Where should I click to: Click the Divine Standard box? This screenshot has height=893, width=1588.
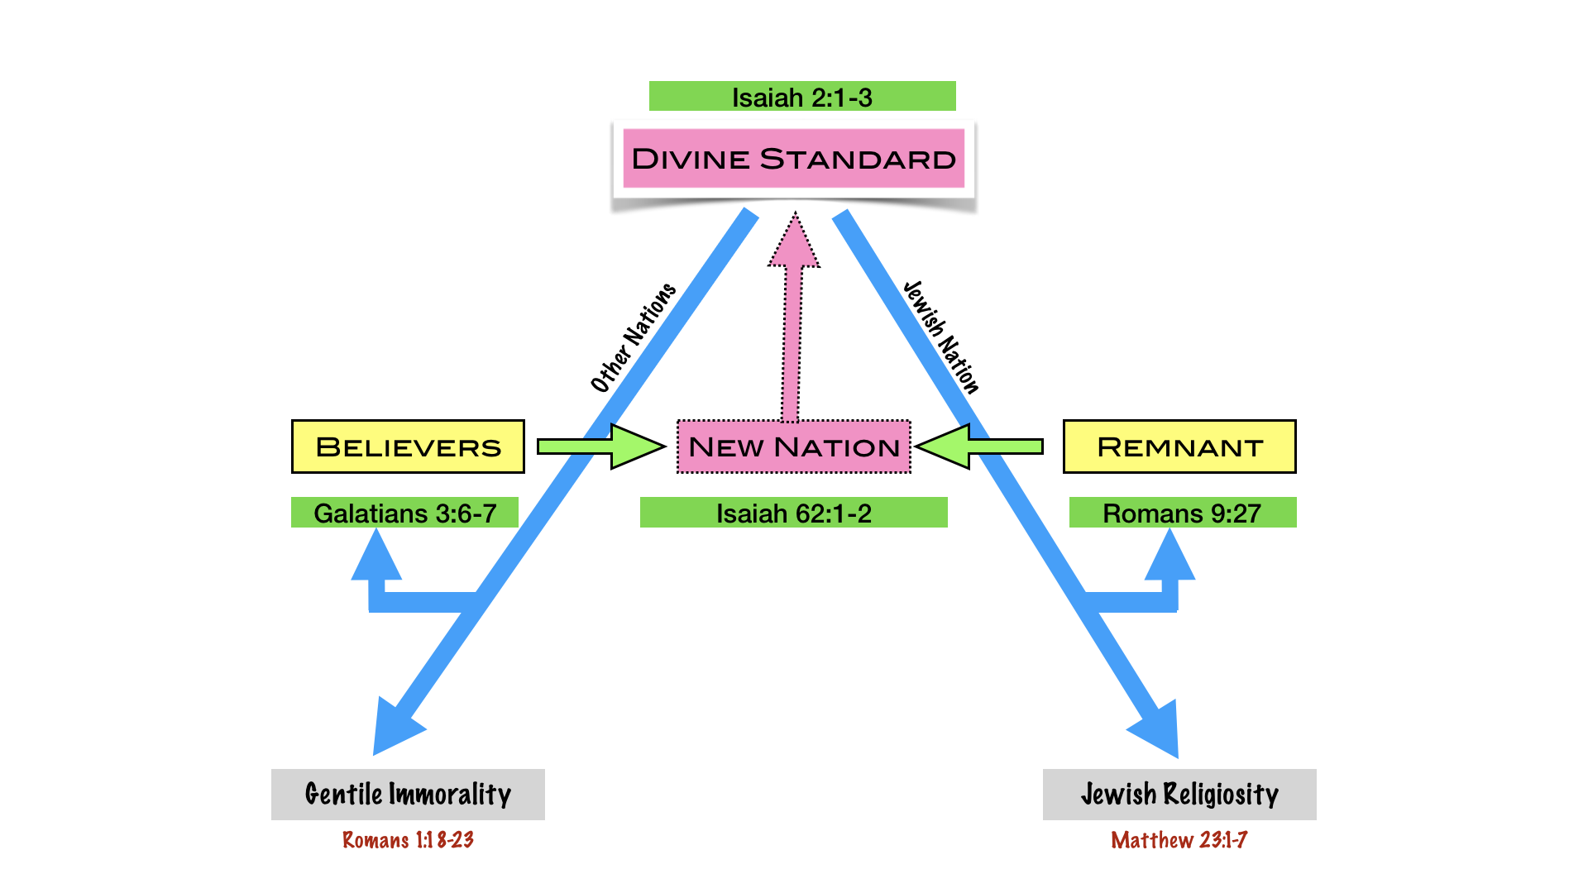point(794,158)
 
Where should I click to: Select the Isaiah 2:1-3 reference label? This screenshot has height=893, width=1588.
point(801,97)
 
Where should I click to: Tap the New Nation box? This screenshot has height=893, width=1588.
point(794,446)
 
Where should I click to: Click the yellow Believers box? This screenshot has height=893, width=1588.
point(408,446)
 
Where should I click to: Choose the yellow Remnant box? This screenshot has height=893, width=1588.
point(1179,446)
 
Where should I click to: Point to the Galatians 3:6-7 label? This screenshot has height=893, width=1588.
point(404,513)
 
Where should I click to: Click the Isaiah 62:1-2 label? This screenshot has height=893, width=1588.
point(794,513)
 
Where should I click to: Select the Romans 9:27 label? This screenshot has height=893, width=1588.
point(1182,513)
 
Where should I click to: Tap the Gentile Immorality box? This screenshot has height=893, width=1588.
point(408,795)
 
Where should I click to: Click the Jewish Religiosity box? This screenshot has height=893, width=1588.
point(1179,795)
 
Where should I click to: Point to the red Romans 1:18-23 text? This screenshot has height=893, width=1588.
point(408,840)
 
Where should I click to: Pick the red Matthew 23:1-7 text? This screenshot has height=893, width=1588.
point(1179,840)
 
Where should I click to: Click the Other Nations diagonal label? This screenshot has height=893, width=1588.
point(633,337)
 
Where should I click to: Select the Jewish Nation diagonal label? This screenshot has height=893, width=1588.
point(941,337)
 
